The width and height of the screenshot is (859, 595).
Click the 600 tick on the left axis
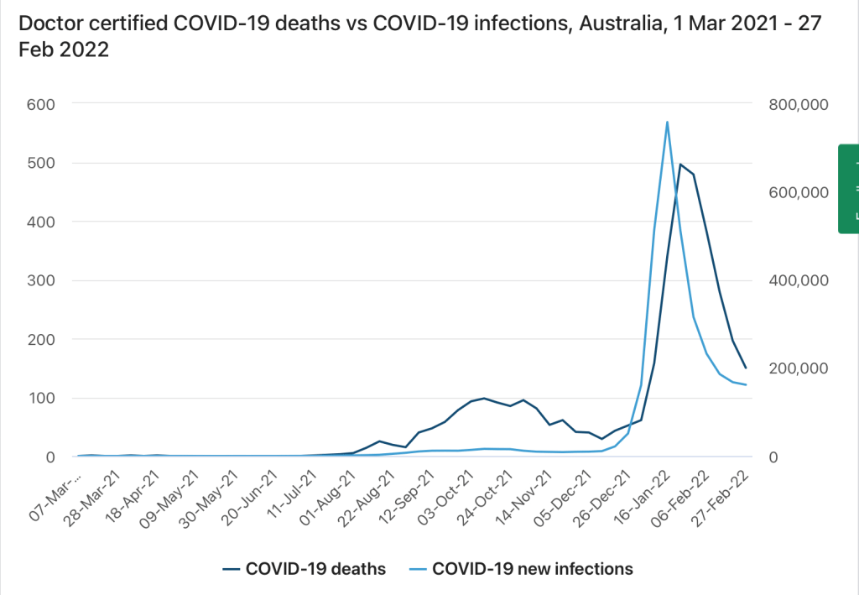(x=39, y=104)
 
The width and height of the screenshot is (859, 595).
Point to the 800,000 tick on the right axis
(x=797, y=104)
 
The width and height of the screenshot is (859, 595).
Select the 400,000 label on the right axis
(x=797, y=280)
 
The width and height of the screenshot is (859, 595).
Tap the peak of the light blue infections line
(x=667, y=122)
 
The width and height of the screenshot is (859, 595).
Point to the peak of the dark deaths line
(x=680, y=164)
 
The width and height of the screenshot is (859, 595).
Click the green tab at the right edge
(x=849, y=188)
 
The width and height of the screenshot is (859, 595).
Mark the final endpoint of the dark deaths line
(x=746, y=368)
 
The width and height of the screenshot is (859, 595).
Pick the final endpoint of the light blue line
(x=746, y=385)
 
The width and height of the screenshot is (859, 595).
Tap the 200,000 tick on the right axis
(x=797, y=368)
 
